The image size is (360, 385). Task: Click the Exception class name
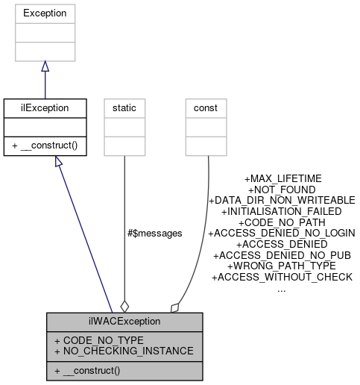click(x=45, y=13)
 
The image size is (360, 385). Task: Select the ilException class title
click(x=45, y=107)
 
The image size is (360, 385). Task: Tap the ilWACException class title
click(x=124, y=322)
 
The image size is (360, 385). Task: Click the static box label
click(x=124, y=107)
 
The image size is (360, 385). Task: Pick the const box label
click(x=205, y=107)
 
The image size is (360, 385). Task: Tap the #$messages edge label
click(x=155, y=233)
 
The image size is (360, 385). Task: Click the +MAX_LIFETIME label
click(x=282, y=179)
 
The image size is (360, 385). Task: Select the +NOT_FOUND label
click(x=282, y=190)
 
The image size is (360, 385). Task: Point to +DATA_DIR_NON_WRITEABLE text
click(x=282, y=201)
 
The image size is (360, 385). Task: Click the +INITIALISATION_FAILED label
click(x=282, y=211)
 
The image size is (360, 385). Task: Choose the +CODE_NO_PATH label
click(x=282, y=222)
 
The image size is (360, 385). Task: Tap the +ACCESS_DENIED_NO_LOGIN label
click(x=282, y=233)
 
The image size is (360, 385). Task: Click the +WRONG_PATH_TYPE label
click(x=282, y=266)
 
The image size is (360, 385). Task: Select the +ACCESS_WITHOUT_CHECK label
click(x=282, y=277)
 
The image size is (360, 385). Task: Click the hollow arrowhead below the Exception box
click(x=45, y=67)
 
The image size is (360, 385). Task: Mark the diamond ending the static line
click(x=124, y=306)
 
